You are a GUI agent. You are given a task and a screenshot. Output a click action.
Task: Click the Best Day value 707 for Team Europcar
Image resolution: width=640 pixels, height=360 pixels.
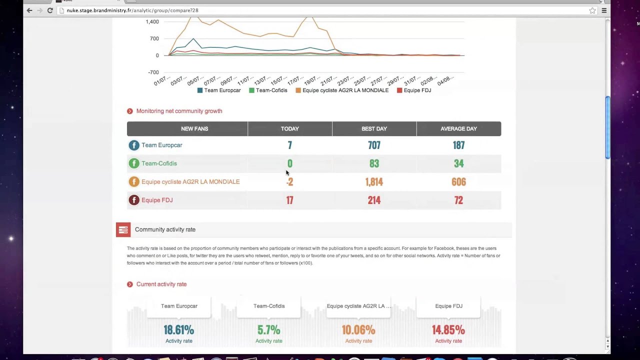pos(374,145)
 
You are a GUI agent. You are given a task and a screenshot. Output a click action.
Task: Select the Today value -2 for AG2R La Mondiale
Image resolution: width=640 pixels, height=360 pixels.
pos(289,182)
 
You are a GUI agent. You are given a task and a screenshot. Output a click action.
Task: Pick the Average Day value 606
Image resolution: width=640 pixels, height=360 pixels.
pos(458,182)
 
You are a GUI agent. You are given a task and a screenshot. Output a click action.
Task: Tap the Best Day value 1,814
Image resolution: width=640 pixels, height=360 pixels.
pos(374,182)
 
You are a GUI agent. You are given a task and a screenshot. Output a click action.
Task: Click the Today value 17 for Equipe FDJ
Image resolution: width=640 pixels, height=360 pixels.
pos(289,200)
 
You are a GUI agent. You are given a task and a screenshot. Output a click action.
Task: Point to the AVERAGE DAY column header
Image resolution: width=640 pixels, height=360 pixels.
pos(458,129)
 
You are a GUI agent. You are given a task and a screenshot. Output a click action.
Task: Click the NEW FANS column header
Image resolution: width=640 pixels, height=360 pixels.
pos(194,129)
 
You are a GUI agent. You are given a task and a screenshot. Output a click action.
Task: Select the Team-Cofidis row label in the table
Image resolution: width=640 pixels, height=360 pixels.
pos(159,163)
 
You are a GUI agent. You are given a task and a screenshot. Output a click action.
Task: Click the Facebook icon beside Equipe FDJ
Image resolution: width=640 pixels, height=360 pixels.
pos(133,200)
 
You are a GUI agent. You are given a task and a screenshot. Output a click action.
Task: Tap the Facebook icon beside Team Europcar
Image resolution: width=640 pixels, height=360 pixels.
pos(133,145)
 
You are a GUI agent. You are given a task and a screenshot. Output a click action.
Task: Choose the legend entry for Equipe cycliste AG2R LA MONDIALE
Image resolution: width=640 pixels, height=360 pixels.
pos(345,90)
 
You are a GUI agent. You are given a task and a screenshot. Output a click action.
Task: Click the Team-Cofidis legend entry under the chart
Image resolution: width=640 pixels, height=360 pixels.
pos(271,90)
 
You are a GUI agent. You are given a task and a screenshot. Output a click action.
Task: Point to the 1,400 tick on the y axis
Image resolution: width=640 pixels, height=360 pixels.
pos(152,22)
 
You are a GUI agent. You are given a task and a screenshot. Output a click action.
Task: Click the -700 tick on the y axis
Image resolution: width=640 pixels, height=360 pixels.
pos(152,72)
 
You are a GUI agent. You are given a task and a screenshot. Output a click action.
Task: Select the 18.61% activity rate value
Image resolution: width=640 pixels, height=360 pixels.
pos(178,330)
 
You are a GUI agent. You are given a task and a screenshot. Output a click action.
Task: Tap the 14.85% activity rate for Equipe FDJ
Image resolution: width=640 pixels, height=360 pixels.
pos(448,330)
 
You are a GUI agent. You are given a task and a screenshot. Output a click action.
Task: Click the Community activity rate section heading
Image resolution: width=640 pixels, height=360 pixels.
pos(165,229)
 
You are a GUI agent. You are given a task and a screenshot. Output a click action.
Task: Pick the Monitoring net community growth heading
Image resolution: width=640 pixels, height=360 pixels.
pos(179,111)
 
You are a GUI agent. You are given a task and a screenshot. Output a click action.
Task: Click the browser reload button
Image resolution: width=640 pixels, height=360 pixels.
pos(50,10)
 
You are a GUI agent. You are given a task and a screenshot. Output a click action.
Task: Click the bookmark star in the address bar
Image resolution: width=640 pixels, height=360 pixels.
pos(592,10)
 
